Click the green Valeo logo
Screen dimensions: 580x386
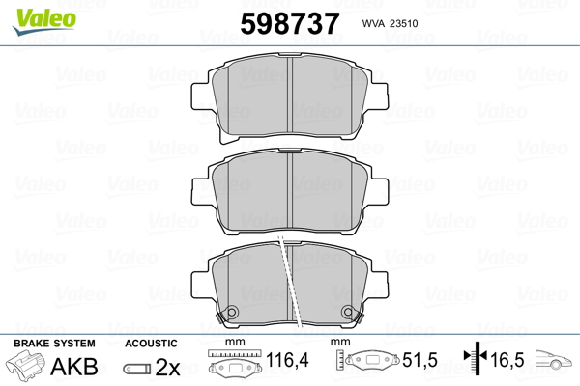pos(44,21)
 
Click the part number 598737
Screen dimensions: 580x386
pos(290,23)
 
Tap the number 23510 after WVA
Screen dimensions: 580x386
pos(404,23)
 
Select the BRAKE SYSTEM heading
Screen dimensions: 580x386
pos(54,344)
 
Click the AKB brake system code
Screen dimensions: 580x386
pos(74,367)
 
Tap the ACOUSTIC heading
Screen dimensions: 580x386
pos(151,344)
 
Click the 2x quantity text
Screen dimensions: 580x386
pos(167,367)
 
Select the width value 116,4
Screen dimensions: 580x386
pos(287,360)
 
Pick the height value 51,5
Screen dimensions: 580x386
pos(420,360)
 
